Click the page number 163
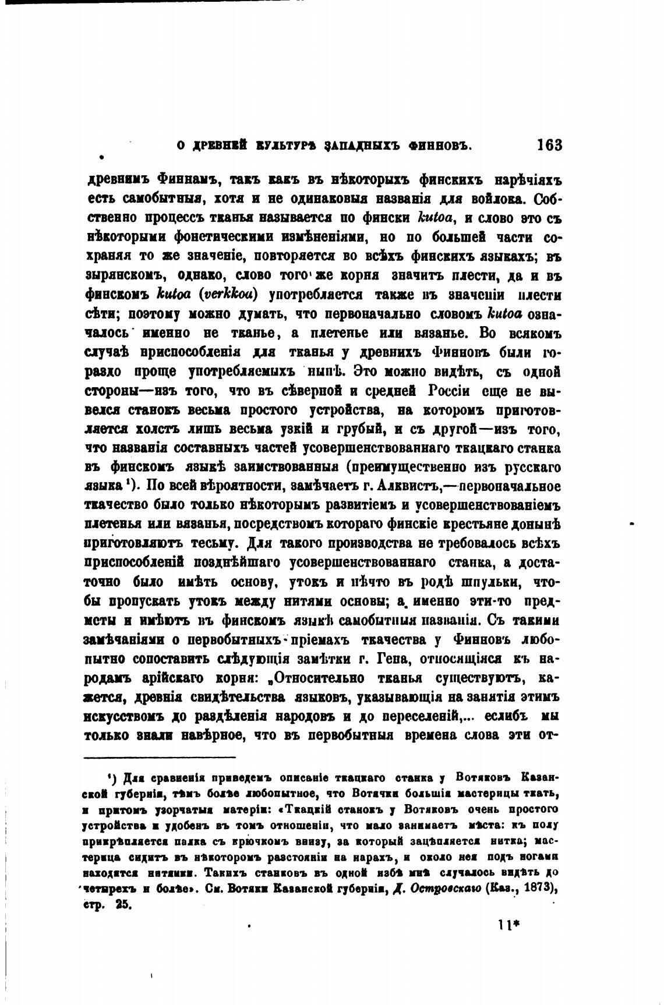pyautogui.click(x=549, y=144)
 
